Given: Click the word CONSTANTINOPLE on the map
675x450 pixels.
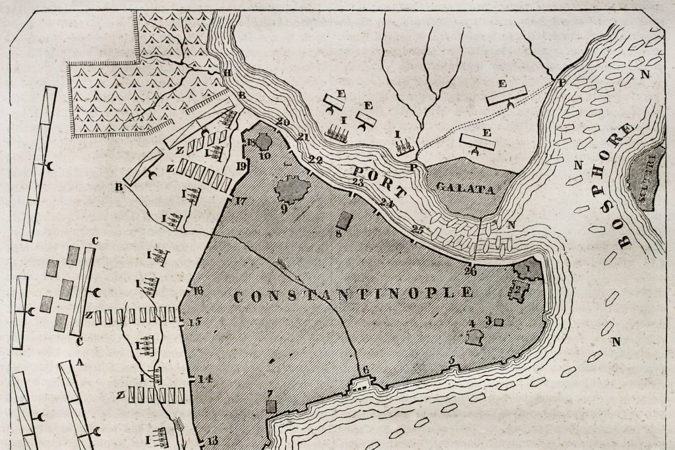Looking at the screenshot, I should (353, 294).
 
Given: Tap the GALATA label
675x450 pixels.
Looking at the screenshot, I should (465, 189).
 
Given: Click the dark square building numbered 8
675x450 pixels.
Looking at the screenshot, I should (343, 219).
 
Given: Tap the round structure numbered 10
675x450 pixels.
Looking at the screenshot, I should (264, 141).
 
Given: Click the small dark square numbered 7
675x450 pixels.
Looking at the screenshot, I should (270, 405).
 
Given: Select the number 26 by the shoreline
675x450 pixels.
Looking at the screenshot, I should (470, 270).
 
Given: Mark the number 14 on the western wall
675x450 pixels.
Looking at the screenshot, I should (204, 379).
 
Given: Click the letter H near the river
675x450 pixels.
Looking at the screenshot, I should (227, 72).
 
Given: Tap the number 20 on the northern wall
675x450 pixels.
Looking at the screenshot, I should (283, 122).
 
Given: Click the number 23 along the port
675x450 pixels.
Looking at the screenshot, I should (358, 182).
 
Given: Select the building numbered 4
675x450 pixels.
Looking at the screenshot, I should (473, 337).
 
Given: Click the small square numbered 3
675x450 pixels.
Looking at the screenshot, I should (498, 322).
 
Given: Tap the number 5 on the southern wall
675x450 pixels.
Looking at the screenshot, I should (452, 360).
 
